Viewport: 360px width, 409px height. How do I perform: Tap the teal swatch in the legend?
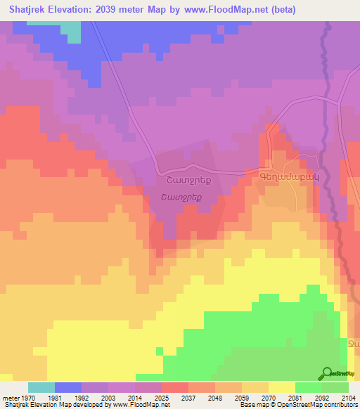tap(41, 387)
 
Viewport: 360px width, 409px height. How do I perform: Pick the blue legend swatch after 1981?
tap(67, 387)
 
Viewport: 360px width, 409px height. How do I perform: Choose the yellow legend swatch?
tap(281, 387)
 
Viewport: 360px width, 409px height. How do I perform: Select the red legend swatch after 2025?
tap(174, 387)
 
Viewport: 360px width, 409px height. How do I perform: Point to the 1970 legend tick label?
tap(27, 397)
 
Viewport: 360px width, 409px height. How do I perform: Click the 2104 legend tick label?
tap(348, 397)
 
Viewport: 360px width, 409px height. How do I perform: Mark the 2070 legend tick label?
tap(268, 397)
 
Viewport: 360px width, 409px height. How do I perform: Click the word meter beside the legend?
tap(10, 397)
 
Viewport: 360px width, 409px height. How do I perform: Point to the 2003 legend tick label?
tap(108, 397)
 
